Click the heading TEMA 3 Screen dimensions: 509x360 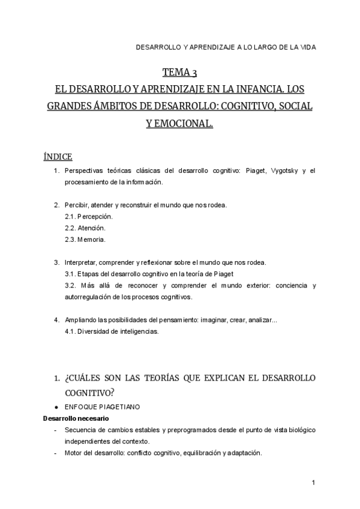[x=180, y=73]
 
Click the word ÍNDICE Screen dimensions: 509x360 [x=58, y=157]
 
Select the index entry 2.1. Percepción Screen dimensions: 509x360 [x=88, y=216]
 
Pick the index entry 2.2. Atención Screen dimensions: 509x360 [x=85, y=228]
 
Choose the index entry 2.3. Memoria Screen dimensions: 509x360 [x=85, y=239]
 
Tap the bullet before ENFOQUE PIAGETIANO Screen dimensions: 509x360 [x=56, y=407]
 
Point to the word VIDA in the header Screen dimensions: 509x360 [x=307, y=46]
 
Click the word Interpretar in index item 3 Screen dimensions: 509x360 [x=80, y=262]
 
